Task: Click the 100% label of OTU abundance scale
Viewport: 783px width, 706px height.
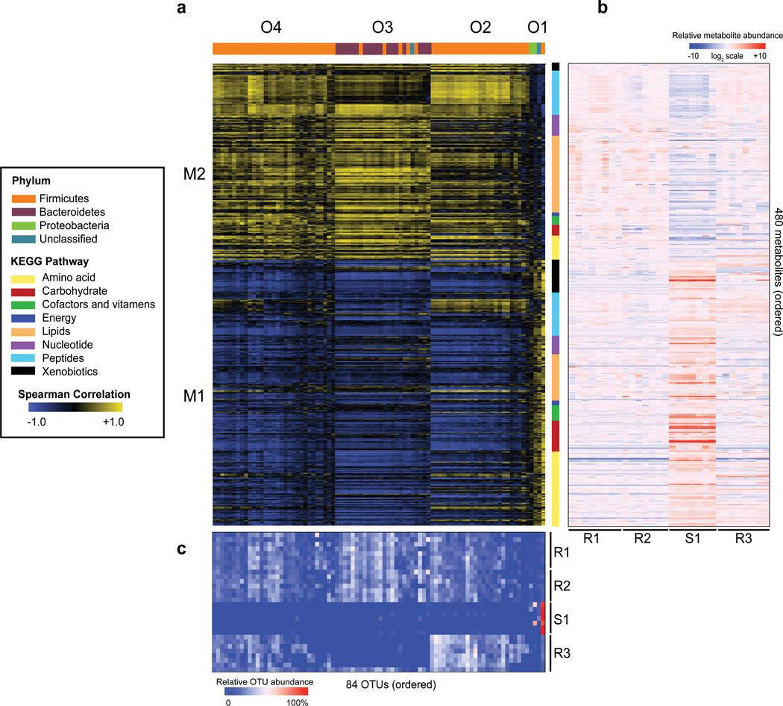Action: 297,702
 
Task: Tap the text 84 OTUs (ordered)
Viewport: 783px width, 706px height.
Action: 391,683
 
